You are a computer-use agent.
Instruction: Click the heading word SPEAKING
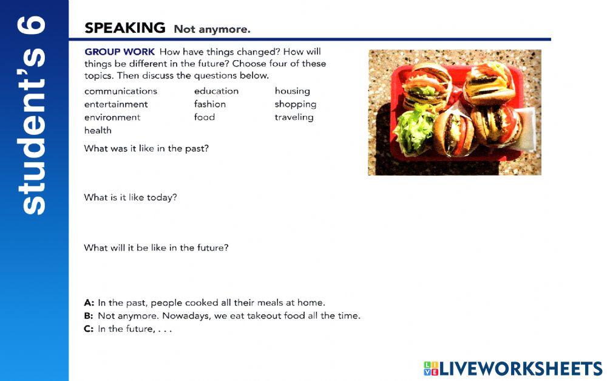pyautogui.click(x=124, y=28)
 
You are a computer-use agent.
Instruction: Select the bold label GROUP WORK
pyautogui.click(x=120, y=52)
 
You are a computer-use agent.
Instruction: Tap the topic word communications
pyautogui.click(x=121, y=91)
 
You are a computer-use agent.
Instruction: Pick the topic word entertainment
pyautogui.click(x=116, y=104)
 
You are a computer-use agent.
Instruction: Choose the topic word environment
pyautogui.click(x=112, y=117)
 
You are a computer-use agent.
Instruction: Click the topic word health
pyautogui.click(x=98, y=130)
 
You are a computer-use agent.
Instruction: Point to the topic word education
pyautogui.click(x=216, y=91)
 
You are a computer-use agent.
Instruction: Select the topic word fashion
pyautogui.click(x=210, y=104)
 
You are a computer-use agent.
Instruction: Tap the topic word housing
pyautogui.click(x=292, y=91)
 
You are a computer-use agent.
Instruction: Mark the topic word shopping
pyautogui.click(x=295, y=104)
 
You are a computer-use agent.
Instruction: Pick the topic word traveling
pyautogui.click(x=294, y=117)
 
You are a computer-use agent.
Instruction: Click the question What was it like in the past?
pyautogui.click(x=146, y=148)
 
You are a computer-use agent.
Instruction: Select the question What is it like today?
pyautogui.click(x=131, y=197)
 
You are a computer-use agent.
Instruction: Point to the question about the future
pyautogui.click(x=156, y=248)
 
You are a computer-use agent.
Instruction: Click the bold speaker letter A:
pyautogui.click(x=89, y=303)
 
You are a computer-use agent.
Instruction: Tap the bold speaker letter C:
pyautogui.click(x=89, y=329)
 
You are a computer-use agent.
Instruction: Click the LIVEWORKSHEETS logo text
pyautogui.click(x=520, y=368)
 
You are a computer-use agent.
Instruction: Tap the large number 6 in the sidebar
pyautogui.click(x=34, y=27)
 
